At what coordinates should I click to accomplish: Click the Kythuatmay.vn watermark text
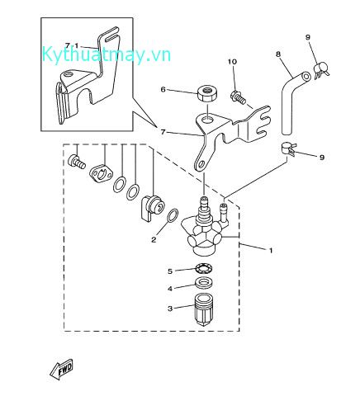107,55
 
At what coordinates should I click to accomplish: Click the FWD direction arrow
62,369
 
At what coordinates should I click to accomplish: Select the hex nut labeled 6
207,93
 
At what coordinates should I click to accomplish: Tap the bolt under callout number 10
237,97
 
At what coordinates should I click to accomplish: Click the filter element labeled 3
204,309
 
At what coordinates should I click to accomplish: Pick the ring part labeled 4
204,283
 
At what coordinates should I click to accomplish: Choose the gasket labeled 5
204,268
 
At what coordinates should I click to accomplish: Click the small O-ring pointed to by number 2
173,216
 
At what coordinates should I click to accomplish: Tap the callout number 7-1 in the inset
72,45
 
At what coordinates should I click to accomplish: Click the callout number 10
232,62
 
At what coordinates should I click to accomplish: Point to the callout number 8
278,54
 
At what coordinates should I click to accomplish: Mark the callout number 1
271,251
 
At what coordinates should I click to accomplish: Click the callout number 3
170,309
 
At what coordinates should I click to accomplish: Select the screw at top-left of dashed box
76,161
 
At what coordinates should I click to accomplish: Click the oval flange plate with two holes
101,174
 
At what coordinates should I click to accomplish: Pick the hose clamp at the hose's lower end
288,148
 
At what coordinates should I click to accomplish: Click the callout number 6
163,90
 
